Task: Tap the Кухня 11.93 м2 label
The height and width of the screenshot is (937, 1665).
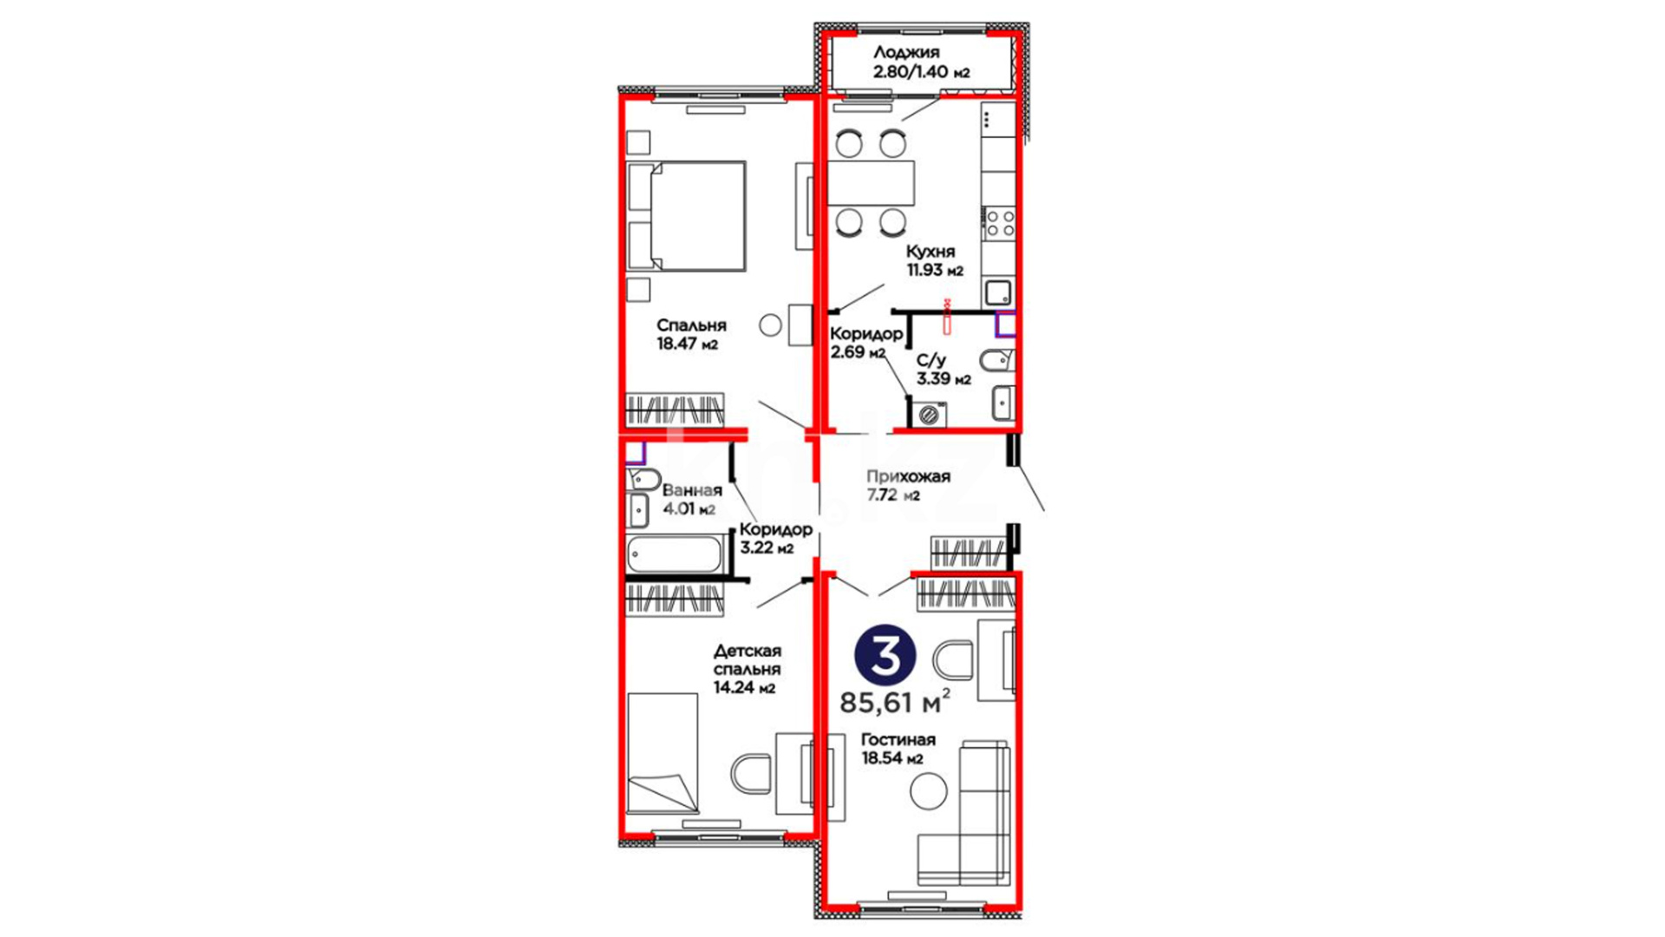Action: pyautogui.click(x=935, y=260)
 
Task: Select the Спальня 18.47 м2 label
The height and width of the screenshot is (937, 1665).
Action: pyautogui.click(x=691, y=334)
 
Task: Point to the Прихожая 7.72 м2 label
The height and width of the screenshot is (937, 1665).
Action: pyautogui.click(x=908, y=486)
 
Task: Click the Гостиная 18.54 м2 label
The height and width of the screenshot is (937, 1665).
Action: pyautogui.click(x=898, y=749)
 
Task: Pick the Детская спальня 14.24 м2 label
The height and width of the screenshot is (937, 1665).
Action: pyautogui.click(x=747, y=669)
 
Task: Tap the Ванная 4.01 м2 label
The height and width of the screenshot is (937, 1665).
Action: pyautogui.click(x=691, y=500)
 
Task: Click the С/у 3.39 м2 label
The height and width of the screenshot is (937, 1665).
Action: pyautogui.click(x=943, y=369)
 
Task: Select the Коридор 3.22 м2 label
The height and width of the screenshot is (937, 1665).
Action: pyautogui.click(x=776, y=538)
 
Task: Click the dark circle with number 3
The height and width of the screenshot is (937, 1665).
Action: pyautogui.click(x=885, y=656)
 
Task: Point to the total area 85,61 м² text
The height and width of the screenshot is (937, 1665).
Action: pyautogui.click(x=895, y=701)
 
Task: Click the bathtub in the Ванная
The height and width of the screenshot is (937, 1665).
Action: pyautogui.click(x=675, y=554)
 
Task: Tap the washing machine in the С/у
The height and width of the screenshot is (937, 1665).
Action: pyautogui.click(x=928, y=415)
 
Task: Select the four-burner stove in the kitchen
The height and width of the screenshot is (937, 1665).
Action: pyautogui.click(x=999, y=224)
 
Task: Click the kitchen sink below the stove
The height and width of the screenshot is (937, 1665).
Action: pyautogui.click(x=998, y=292)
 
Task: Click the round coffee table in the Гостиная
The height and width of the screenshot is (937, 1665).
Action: pyautogui.click(x=929, y=791)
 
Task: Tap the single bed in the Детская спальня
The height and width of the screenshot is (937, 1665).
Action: pyautogui.click(x=663, y=753)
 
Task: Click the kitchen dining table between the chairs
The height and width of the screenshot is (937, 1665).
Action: pyautogui.click(x=871, y=183)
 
